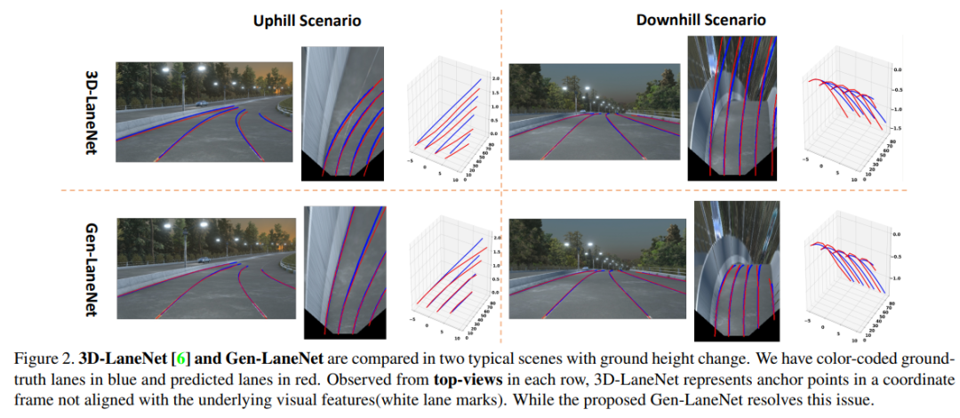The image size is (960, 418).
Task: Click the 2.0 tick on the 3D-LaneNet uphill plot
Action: pos(496,79)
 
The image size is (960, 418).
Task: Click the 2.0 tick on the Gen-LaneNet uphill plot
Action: pos(496,238)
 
